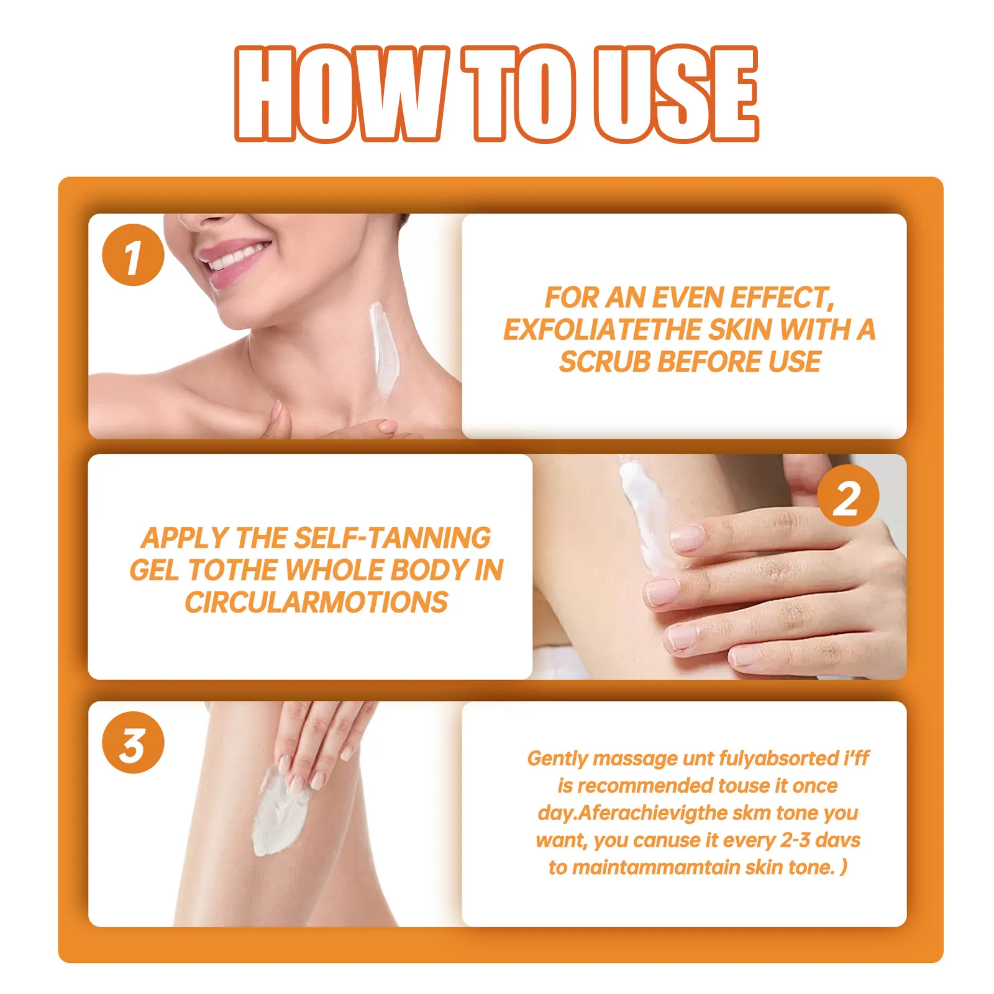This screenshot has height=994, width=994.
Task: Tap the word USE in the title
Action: (x=675, y=94)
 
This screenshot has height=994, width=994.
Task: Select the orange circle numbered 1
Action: (x=133, y=255)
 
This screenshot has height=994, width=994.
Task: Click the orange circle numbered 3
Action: (x=133, y=742)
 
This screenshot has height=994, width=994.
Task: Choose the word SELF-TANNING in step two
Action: (x=392, y=538)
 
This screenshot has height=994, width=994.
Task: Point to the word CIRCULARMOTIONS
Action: (x=316, y=603)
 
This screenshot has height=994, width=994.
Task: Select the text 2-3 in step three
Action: (x=795, y=840)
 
